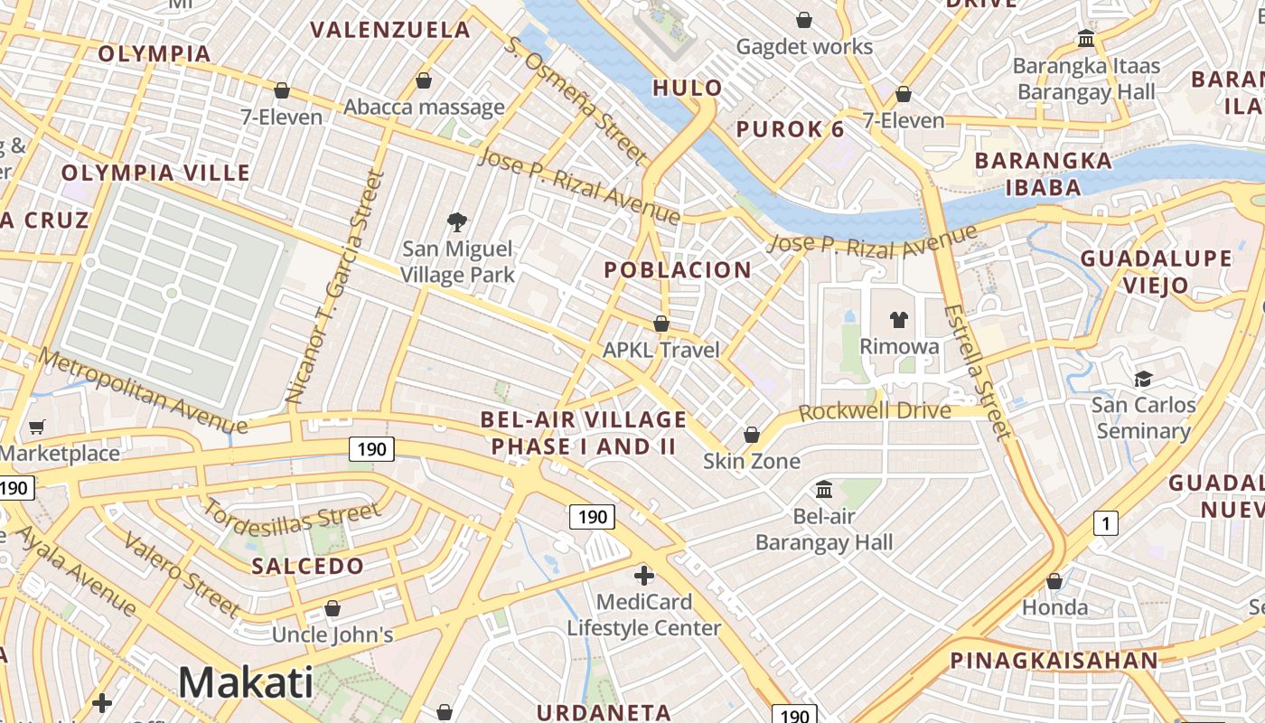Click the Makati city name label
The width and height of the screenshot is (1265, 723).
246,682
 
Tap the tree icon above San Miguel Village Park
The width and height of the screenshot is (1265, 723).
457,221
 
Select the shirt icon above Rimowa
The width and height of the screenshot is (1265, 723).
898,319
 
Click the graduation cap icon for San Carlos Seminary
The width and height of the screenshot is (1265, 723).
1143,379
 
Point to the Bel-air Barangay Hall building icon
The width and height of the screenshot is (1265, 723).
824,490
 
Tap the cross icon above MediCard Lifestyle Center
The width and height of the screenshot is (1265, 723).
644,575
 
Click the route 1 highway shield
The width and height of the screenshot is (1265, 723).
1105,522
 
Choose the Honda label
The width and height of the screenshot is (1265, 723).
1054,607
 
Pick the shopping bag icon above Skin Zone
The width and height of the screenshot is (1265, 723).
751,436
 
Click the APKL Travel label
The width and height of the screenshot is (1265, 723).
661,350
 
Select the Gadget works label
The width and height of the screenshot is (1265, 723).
804,46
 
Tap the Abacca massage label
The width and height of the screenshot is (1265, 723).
424,108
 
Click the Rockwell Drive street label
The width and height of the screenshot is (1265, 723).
875,411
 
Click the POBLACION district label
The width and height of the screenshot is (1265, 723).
678,269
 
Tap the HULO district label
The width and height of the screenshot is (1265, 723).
688,88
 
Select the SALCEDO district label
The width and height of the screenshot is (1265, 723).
307,567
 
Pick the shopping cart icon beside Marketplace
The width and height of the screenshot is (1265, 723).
37,427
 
